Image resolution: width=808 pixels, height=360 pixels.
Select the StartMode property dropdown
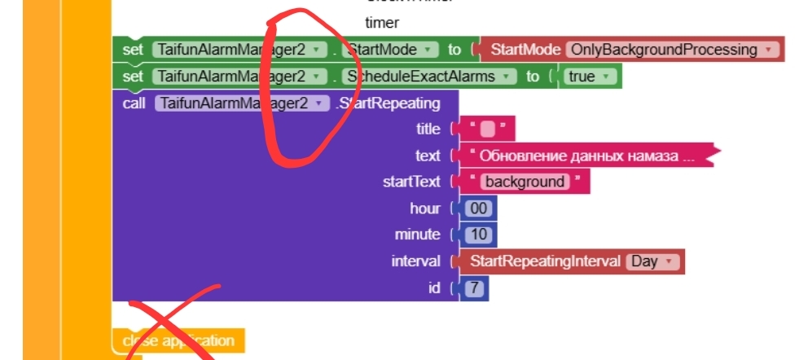tap(390, 50)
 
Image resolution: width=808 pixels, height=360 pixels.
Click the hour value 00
tap(478, 208)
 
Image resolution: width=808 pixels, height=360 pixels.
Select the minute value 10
tap(478, 235)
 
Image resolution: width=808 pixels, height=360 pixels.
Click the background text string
tap(525, 182)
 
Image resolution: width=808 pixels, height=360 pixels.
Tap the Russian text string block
tap(586, 156)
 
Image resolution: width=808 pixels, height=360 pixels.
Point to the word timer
tap(382, 23)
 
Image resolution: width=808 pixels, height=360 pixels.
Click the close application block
tap(178, 340)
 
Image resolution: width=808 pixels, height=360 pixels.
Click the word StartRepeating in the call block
tap(389, 103)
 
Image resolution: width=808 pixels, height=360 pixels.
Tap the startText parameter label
tap(411, 182)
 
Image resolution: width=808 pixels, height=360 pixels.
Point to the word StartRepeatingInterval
tap(545, 261)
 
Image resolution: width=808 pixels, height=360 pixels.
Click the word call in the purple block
tap(134, 103)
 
